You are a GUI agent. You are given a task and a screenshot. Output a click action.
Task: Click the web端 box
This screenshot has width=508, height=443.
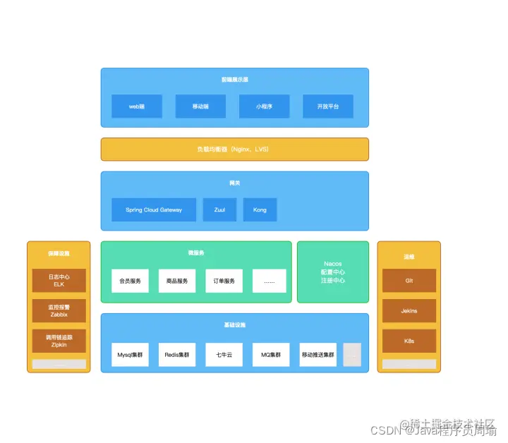(x=137, y=107)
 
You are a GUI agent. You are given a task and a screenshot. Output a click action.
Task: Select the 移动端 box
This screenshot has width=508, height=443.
(x=200, y=107)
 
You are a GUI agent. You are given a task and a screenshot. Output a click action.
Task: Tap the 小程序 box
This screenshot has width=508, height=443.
(x=264, y=107)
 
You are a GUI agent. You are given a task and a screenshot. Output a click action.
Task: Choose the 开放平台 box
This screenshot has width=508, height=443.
(x=328, y=107)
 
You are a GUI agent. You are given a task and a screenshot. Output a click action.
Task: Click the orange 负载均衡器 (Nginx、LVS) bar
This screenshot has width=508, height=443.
(x=234, y=150)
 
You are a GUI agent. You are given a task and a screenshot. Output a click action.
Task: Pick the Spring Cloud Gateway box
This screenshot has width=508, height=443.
(x=154, y=210)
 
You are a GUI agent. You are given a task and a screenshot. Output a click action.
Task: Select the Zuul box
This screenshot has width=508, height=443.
(x=220, y=210)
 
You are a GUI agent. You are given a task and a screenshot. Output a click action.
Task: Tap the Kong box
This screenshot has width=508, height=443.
(x=260, y=210)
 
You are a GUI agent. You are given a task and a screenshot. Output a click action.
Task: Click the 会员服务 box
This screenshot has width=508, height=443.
(x=130, y=281)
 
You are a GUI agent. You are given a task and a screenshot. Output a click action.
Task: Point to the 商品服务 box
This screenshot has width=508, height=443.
(x=177, y=281)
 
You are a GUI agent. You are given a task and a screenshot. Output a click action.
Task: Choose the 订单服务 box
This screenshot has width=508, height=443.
(x=224, y=281)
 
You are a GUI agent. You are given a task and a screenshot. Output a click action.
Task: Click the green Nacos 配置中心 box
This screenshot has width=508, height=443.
(x=333, y=272)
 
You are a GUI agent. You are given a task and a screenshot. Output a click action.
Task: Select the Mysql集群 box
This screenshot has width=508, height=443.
(x=130, y=355)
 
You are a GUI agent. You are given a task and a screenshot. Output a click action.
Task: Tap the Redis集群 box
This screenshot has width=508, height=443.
(x=177, y=355)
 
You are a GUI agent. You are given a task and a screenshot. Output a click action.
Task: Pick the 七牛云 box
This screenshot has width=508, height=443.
(x=224, y=355)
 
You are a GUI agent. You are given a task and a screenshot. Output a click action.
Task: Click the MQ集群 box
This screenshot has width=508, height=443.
(x=271, y=355)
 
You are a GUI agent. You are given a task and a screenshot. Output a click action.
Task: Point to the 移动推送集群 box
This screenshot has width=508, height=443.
(x=318, y=355)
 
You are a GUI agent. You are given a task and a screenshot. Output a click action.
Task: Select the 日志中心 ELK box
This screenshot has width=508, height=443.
(x=59, y=281)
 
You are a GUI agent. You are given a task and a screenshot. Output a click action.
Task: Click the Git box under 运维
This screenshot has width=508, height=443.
(x=409, y=281)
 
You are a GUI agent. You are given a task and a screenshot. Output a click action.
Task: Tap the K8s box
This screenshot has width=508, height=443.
(x=409, y=341)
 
